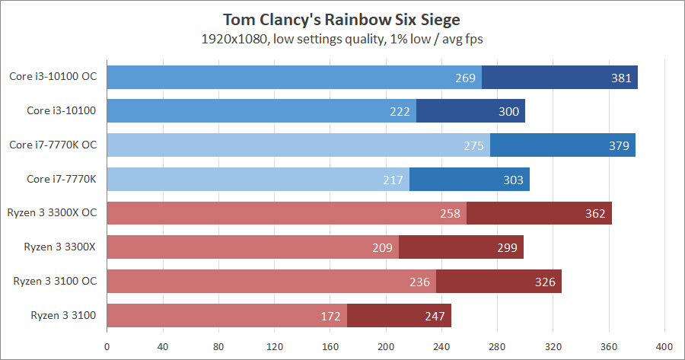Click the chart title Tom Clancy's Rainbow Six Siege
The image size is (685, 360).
tap(342, 18)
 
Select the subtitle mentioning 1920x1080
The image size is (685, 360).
tap(342, 37)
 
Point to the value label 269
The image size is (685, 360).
tap(465, 78)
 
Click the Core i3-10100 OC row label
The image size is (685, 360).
tap(53, 76)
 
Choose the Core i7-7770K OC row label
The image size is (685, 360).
tap(53, 145)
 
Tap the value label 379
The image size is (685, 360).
tap(618, 146)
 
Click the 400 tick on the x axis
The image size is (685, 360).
tap(664, 344)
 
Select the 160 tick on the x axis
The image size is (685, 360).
tap(330, 344)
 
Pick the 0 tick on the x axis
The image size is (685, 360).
tap(107, 344)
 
